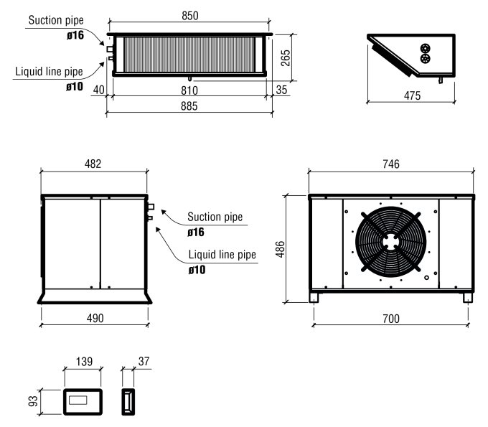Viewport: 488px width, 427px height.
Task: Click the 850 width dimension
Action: coord(189,15)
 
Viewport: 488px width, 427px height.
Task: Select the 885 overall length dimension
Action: coord(189,105)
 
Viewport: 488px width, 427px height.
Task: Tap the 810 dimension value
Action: coord(189,90)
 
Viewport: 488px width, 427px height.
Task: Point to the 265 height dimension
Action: coord(286,56)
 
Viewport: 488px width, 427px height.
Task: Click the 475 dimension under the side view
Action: coord(410,95)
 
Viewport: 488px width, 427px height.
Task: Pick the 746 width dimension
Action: coord(391,164)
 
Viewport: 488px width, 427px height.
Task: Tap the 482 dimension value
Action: coord(94,164)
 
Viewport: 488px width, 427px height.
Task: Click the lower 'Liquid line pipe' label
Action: coord(222,255)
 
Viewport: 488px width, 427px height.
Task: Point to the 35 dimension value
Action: coord(281,90)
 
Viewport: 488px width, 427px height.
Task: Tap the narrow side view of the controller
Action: coord(128,400)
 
